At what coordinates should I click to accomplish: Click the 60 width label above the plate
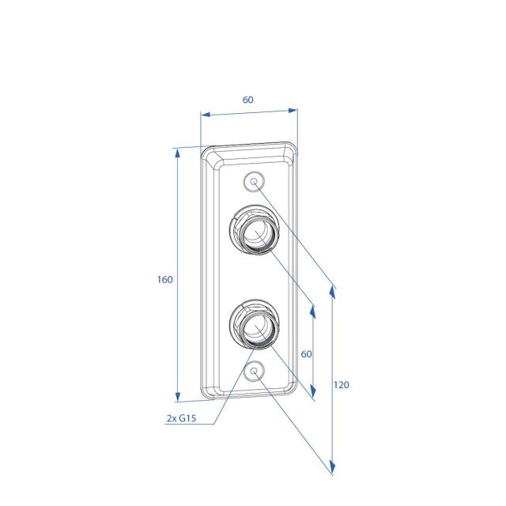tap(247, 100)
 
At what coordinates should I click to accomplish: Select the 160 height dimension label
tap(164, 280)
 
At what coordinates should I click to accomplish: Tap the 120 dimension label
tap(342, 385)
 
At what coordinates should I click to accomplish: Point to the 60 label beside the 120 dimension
tap(307, 354)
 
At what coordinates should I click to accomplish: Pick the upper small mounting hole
tap(254, 182)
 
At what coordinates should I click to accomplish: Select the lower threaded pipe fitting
tap(255, 323)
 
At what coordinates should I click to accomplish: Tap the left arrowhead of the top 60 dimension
tap(203, 115)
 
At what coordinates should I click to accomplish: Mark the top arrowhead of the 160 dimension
tap(176, 153)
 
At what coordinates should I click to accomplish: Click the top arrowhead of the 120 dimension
tap(333, 292)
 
